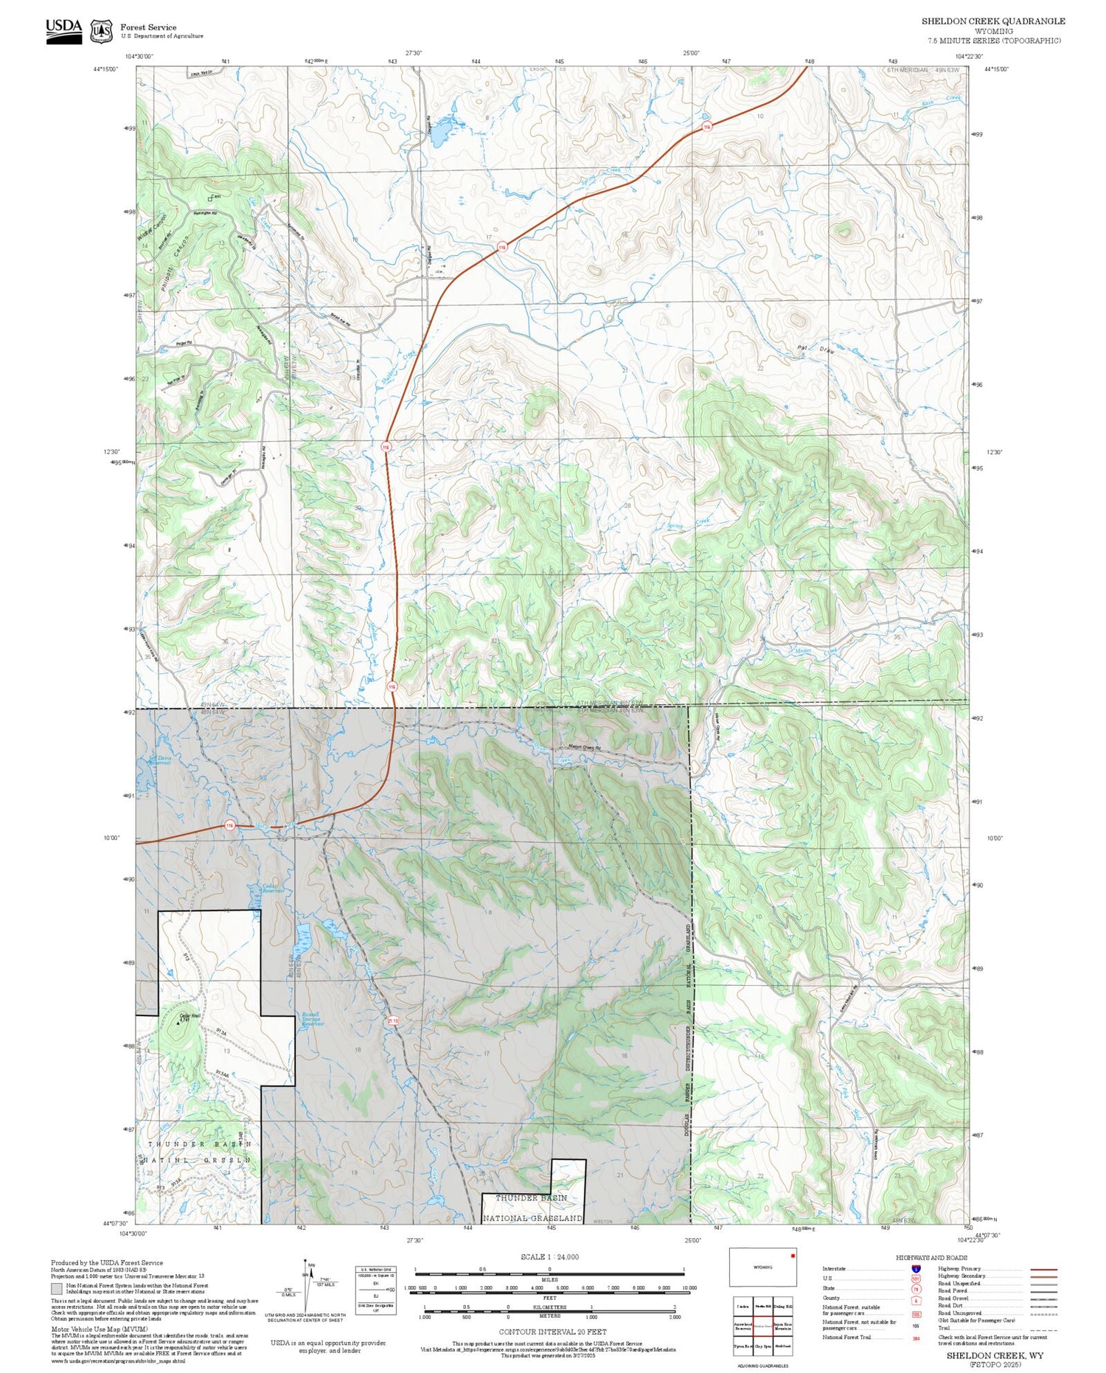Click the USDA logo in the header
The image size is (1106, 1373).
coord(63,31)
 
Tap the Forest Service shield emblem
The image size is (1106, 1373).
coord(101,31)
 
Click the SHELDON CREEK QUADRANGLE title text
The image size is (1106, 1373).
coord(992,21)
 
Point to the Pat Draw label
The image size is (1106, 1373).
coord(815,350)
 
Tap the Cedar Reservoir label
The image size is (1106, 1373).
coord(263,889)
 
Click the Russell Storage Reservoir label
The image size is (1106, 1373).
coord(311,1019)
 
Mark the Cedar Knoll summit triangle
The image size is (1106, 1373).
coord(178,1023)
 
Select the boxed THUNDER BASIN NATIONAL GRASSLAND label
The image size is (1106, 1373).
coord(531,1208)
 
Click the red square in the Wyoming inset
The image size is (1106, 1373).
coord(793,1256)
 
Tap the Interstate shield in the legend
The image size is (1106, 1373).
coord(916,1268)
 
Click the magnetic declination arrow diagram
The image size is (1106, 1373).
coord(310,1283)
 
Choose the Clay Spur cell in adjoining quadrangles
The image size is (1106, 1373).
coord(762,1346)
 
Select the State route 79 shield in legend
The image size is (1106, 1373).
coord(916,1289)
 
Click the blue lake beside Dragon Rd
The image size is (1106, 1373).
coord(441,133)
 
